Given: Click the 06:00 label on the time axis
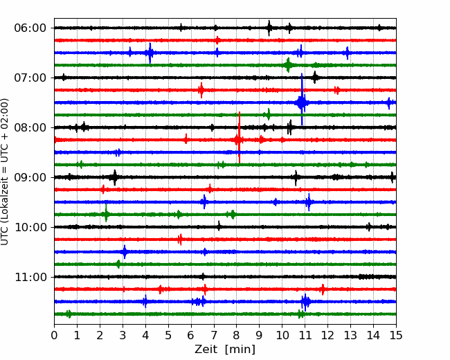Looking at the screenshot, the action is (30, 28).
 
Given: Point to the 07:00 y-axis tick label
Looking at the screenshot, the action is (30, 78).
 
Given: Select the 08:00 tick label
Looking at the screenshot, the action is (30, 128).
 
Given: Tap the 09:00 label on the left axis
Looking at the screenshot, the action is (30, 177).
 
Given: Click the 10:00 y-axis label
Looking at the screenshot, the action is (30, 227).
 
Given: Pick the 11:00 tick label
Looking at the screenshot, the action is (30, 278).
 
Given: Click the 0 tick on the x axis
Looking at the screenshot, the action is (54, 335).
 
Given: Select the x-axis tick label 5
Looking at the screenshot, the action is (168, 335).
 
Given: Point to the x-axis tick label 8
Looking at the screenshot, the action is (237, 335).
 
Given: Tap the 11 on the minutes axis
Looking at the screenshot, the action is (305, 335).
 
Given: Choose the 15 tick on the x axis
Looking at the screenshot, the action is (396, 335).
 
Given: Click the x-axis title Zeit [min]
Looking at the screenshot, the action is (225, 349).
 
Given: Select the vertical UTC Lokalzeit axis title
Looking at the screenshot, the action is (5, 172).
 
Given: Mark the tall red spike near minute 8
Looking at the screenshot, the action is (239, 137).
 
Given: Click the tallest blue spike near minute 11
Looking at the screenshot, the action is (302, 99).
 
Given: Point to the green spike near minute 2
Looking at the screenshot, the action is (106, 213).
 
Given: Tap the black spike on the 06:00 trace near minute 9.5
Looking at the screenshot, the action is (269, 28).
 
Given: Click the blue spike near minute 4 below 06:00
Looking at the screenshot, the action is (150, 53).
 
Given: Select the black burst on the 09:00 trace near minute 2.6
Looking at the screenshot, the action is (115, 178).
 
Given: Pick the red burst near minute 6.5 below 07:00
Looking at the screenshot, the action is (201, 90).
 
